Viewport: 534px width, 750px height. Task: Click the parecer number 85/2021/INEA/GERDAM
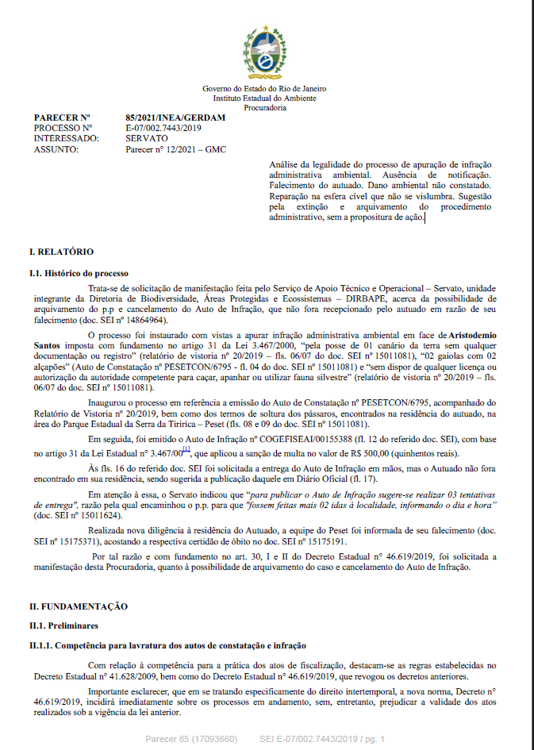click(175, 117)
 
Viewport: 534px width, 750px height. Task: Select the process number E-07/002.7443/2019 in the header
click(163, 127)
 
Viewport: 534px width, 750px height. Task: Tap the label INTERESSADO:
click(65, 137)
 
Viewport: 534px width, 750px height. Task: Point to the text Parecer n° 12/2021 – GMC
click(171, 148)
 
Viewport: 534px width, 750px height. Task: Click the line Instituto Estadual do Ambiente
click(265, 98)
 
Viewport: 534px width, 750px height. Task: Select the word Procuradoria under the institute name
click(265, 107)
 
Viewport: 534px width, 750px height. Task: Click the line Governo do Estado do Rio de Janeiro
click(265, 88)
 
